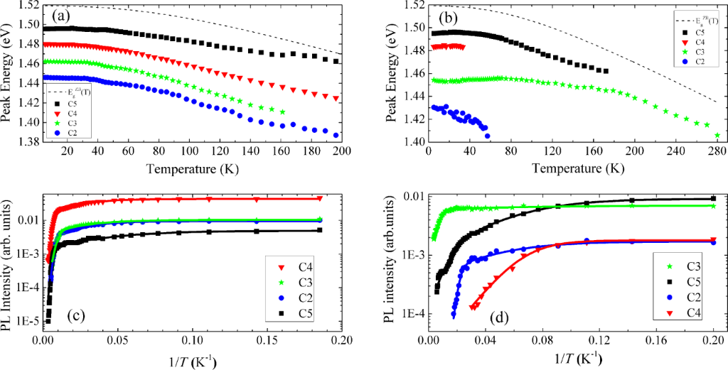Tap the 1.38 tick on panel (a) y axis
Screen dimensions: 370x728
click(28, 141)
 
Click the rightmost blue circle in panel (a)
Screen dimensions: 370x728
click(336, 135)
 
